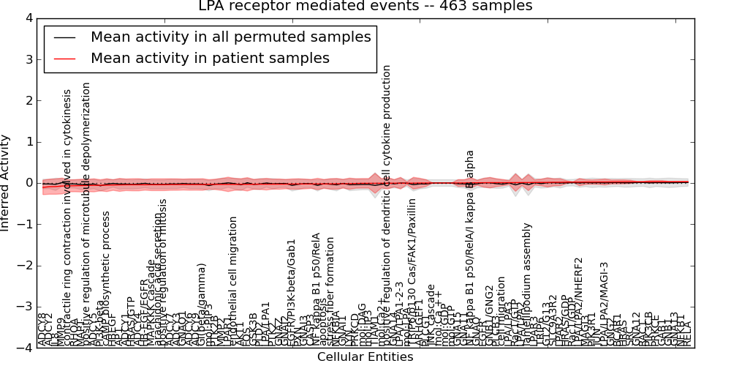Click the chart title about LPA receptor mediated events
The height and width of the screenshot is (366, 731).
pos(365,7)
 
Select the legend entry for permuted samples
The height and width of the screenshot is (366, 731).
pos(230,37)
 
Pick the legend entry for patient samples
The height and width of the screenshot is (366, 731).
pos(210,58)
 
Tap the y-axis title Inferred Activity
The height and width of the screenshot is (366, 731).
pos(6,183)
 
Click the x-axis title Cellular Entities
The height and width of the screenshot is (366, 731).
pos(365,357)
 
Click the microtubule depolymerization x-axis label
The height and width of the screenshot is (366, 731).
pos(86,213)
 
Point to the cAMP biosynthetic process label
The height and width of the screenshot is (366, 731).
pos(106,278)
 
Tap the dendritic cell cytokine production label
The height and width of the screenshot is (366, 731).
pos(387,205)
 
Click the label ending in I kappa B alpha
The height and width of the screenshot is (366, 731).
pos(470,248)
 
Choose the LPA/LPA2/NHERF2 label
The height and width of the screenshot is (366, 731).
pos(578,300)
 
